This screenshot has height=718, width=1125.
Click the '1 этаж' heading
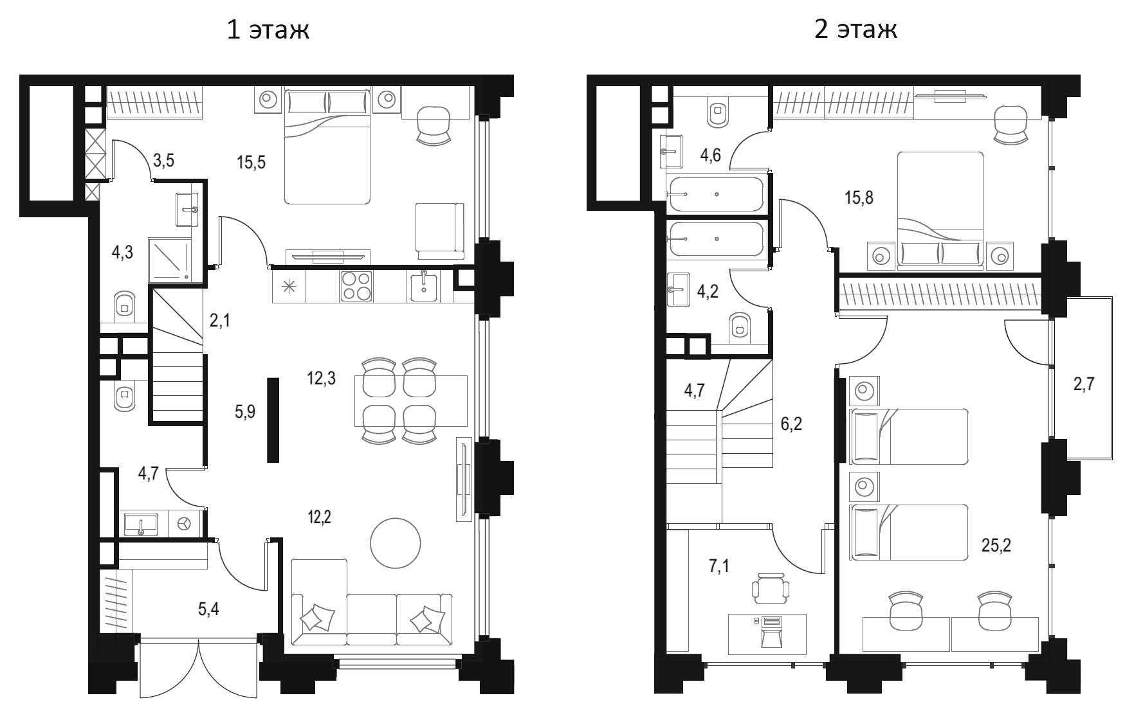pos(268,30)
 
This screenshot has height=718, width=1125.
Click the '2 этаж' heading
pos(855,30)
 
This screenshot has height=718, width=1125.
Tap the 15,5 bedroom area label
pos(251,162)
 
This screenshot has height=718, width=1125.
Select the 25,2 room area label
pos(996,546)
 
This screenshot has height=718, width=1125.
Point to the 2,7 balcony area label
pos(1083,385)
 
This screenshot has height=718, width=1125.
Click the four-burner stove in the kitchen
pos(356,286)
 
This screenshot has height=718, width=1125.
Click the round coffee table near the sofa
pos(395,543)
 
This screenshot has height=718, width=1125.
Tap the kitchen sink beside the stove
pos(425,287)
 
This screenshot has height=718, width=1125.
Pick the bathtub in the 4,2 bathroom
pos(716,239)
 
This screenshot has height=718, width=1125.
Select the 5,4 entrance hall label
pos(208,608)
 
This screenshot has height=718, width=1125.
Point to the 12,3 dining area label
pos(321,379)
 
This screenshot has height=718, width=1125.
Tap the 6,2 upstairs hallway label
pos(791,424)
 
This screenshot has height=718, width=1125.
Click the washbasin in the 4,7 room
pos(141,524)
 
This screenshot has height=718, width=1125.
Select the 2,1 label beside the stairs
pos(219,319)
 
